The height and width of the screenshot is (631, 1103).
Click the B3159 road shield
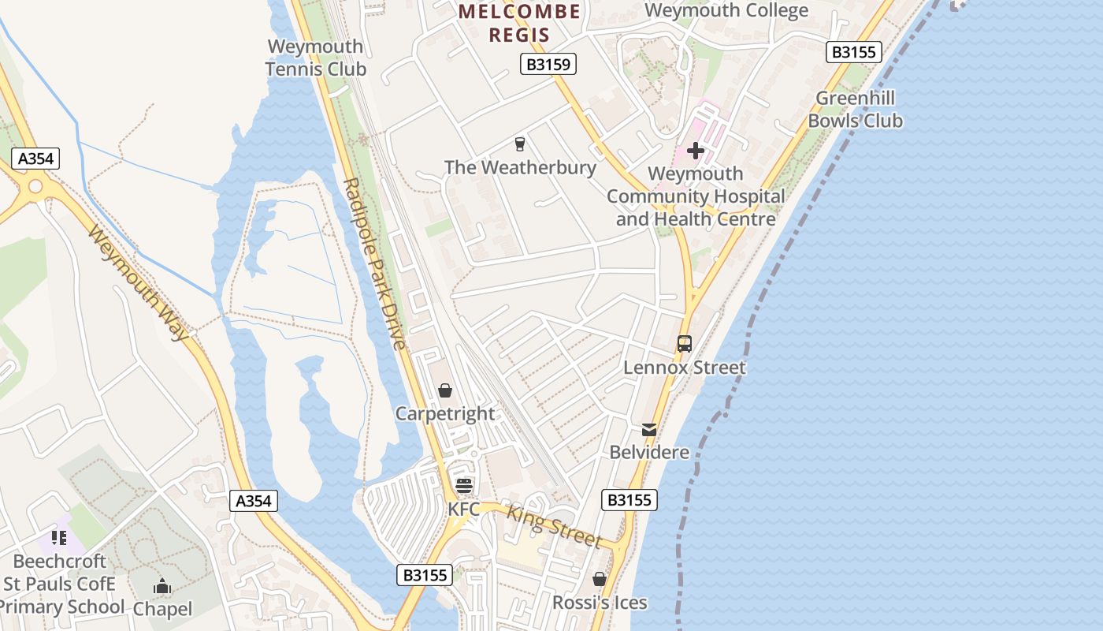click(x=548, y=64)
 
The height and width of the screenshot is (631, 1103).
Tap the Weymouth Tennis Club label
click(x=316, y=58)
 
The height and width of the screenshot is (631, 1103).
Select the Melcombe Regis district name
click(x=519, y=23)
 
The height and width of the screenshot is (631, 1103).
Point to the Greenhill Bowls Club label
click(x=856, y=110)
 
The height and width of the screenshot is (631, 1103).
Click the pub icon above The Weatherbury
click(x=519, y=144)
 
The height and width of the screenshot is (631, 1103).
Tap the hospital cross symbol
click(x=696, y=150)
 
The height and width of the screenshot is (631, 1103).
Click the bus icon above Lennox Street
click(x=684, y=344)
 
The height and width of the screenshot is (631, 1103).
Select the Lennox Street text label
click(x=684, y=368)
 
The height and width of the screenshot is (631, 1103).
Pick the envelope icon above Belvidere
click(x=649, y=429)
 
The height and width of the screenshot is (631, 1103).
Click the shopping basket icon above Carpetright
click(x=445, y=390)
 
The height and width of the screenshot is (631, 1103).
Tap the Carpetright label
click(x=445, y=413)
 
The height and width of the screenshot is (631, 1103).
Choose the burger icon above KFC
click(x=463, y=485)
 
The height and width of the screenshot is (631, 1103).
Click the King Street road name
click(x=554, y=527)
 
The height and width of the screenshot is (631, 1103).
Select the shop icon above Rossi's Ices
click(x=600, y=579)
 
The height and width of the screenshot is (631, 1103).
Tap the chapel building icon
click(x=162, y=586)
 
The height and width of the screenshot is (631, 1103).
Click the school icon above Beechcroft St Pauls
click(x=59, y=538)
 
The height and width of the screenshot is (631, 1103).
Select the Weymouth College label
click(x=726, y=11)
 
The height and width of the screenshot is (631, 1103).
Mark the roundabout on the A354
click(x=35, y=187)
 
